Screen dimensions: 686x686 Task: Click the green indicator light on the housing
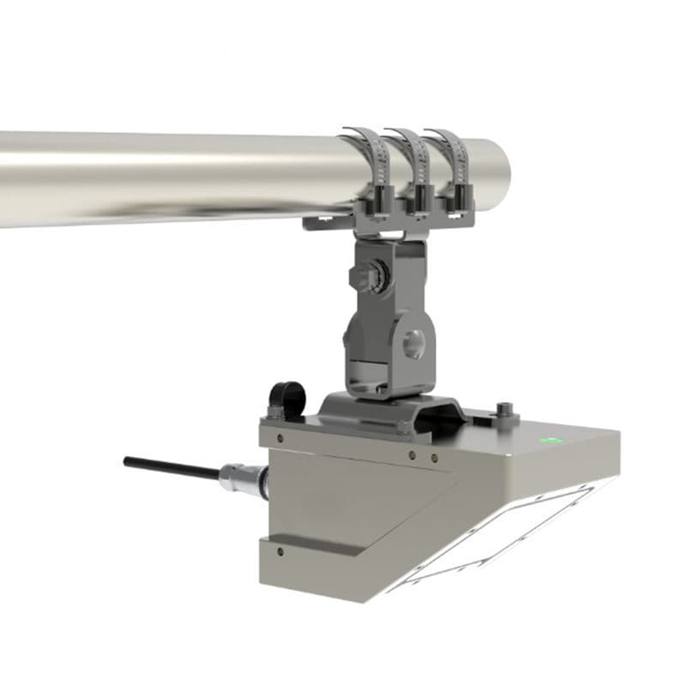coord(550,441)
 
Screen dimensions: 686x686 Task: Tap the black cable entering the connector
coord(171,467)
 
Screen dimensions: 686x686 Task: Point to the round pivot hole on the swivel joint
coord(412,341)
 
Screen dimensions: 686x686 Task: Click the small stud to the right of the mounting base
coord(507,406)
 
